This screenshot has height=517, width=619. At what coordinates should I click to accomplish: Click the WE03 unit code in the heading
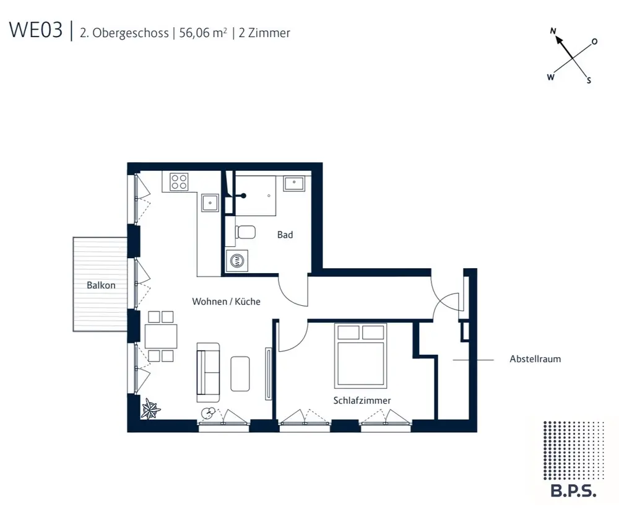click(36, 31)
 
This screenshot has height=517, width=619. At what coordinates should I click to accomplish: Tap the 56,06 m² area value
click(203, 32)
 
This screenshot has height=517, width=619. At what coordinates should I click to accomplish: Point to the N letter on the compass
click(553, 31)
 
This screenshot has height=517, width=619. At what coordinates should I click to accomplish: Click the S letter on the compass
click(589, 80)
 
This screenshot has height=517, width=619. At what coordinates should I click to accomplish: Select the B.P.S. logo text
click(574, 492)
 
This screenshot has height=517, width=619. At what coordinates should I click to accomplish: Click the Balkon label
click(101, 285)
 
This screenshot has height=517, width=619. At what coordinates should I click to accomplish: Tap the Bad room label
click(285, 235)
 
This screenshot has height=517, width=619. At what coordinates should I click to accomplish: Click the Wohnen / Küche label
click(226, 302)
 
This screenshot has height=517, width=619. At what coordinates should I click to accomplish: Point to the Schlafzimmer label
click(362, 401)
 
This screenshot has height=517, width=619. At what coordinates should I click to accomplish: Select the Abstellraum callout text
click(535, 359)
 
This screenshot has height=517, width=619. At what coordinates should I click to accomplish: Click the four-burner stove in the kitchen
click(179, 181)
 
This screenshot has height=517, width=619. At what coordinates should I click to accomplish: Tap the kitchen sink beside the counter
click(210, 203)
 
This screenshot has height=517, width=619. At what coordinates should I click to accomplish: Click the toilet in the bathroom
click(246, 232)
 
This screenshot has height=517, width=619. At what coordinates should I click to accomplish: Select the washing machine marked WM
click(237, 261)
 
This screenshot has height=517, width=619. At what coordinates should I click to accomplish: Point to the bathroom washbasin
click(294, 184)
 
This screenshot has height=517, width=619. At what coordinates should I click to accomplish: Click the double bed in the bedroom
click(360, 355)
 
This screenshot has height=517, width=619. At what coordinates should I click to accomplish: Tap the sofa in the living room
click(208, 373)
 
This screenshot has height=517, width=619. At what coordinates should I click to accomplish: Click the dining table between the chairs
click(161, 336)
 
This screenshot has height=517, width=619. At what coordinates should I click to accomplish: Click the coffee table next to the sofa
click(240, 373)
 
